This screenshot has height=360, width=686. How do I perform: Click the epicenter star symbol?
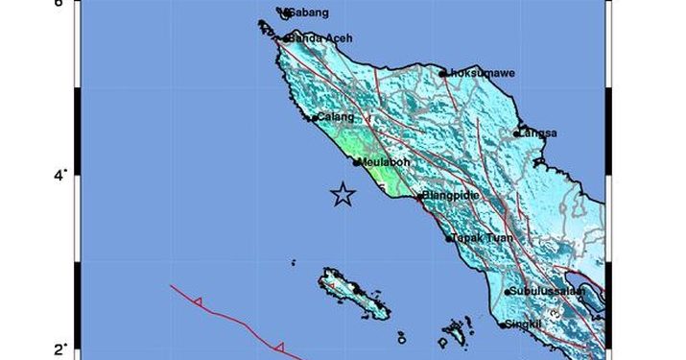coord(343,195)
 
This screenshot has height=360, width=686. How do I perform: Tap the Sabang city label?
coord(310,12)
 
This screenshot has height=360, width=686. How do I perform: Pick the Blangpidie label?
coord(452,196)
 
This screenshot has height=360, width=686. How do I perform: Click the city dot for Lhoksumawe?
coord(442,73)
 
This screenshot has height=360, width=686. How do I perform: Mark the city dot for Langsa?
coord(516,133)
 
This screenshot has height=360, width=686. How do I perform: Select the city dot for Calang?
coord(314,118)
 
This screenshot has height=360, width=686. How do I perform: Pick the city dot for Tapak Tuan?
coord(448,238)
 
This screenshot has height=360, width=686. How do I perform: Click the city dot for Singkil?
coord(503,325)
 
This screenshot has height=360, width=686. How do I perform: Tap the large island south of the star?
coord(356,294)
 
